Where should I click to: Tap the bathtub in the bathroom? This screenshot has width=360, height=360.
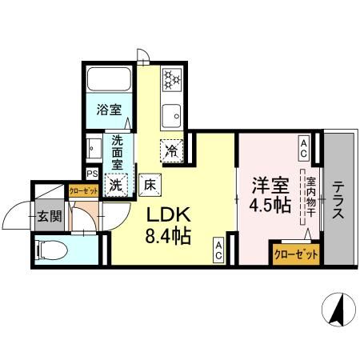pyautogui.click(x=108, y=81)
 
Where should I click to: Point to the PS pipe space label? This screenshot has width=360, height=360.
pyautogui.click(x=92, y=173)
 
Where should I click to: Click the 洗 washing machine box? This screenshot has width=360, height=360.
pyautogui.click(x=117, y=184)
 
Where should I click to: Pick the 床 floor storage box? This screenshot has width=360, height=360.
pyautogui.click(x=150, y=184)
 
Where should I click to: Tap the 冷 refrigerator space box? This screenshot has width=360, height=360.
pyautogui.click(x=172, y=149)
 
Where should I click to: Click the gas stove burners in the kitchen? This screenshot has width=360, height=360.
pyautogui.click(x=172, y=78)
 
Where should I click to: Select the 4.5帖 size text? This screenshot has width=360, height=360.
pyautogui.click(x=270, y=207)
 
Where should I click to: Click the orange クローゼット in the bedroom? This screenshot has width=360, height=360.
pyautogui.click(x=295, y=253)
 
